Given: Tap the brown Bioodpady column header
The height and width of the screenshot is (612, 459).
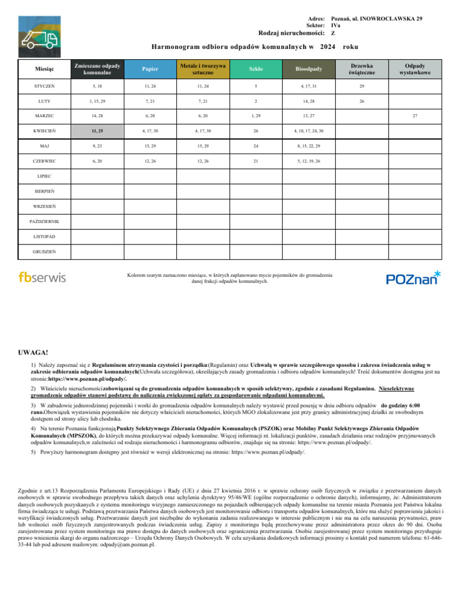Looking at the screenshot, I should pos(308,69).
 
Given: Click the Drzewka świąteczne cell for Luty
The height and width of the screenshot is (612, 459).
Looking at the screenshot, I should pos(362,101).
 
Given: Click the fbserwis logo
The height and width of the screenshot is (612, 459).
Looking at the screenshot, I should pos(42,277).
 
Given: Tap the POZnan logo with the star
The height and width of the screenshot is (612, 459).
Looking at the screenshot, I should pos(413,277).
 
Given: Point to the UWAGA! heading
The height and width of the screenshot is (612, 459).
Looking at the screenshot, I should pos(35,353).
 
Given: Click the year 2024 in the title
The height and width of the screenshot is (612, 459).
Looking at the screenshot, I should pos(328,46).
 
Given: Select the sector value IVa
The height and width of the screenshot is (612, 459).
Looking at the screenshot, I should pos(336,26).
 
